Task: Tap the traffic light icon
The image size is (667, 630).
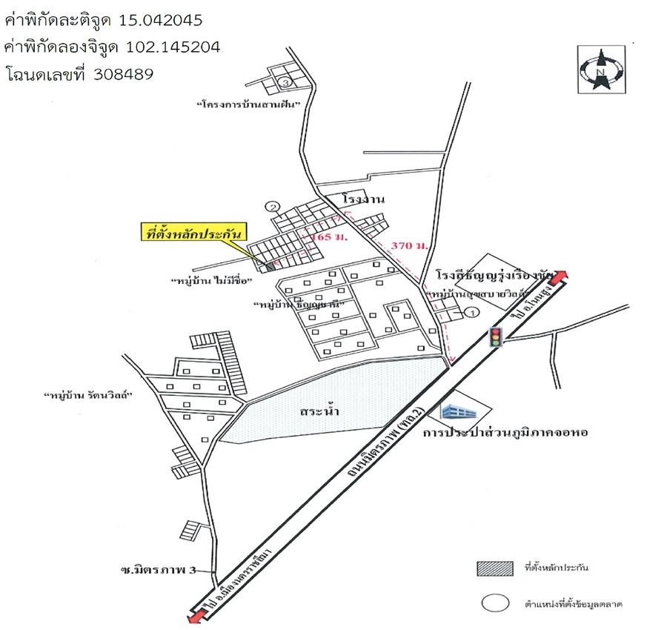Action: (x=494, y=337)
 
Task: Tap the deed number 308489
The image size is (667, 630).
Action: (x=124, y=74)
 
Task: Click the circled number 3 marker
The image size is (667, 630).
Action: (x=285, y=82)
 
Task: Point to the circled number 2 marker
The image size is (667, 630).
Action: (x=274, y=207)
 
